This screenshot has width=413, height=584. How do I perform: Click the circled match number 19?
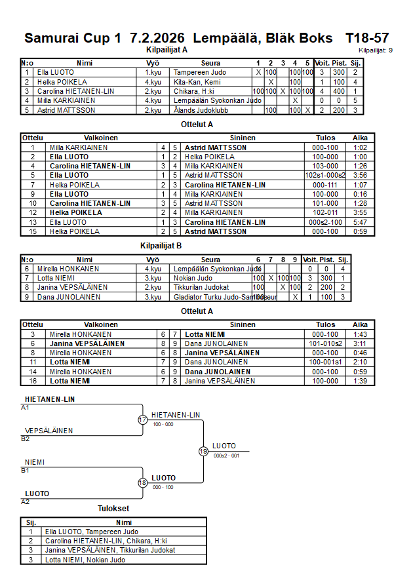pyautogui.click(x=203, y=451)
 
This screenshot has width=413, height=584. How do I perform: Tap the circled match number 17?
pyautogui.click(x=142, y=419)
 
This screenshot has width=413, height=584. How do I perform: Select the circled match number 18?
pyautogui.click(x=142, y=482)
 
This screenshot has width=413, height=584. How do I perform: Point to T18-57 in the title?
pyautogui.click(x=367, y=38)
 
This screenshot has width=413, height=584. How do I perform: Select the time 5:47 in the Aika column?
pyautogui.click(x=360, y=222)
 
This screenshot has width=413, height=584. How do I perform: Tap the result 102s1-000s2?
pyautogui.click(x=325, y=176)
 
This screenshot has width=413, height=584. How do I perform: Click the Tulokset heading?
pyautogui.click(x=113, y=509)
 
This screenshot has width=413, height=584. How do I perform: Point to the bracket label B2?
pyautogui.click(x=25, y=439)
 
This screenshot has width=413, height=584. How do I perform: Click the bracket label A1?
pyautogui.click(x=25, y=407)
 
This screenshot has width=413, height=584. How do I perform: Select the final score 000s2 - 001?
pyautogui.click(x=227, y=456)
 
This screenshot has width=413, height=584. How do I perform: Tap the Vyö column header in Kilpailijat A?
pyautogui.click(x=153, y=63)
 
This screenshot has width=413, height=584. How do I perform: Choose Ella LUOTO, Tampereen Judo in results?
pyautogui.click(x=91, y=532)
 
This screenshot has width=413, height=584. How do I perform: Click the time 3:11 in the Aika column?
pyautogui.click(x=360, y=343)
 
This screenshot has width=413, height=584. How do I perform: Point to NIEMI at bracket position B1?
pyautogui.click(x=33, y=462)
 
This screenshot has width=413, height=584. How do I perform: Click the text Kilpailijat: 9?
pyautogui.click(x=376, y=50)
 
